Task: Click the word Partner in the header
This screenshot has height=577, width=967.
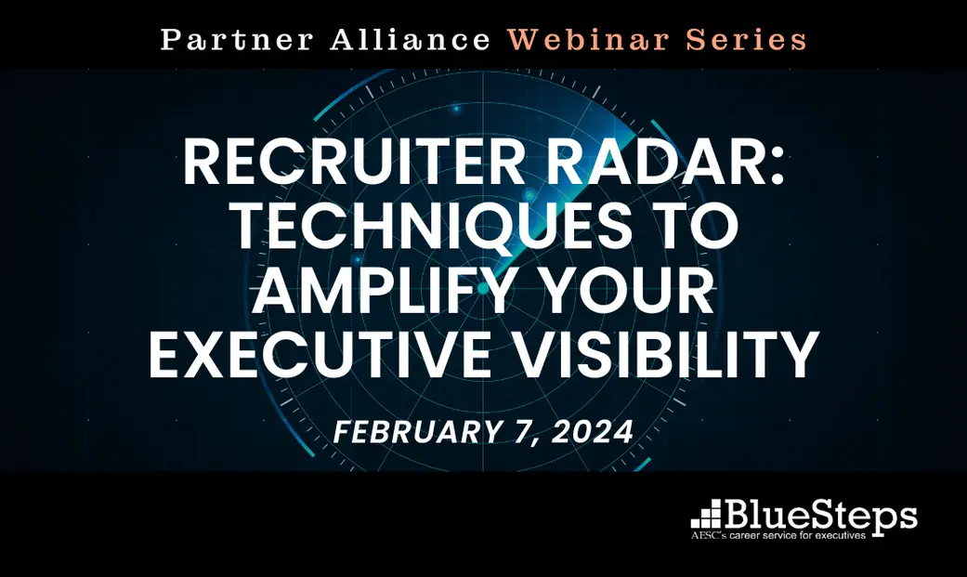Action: [238, 40]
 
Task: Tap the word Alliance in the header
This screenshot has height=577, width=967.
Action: [411, 40]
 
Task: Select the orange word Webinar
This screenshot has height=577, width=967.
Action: [589, 40]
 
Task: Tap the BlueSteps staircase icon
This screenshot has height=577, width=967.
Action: [706, 515]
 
